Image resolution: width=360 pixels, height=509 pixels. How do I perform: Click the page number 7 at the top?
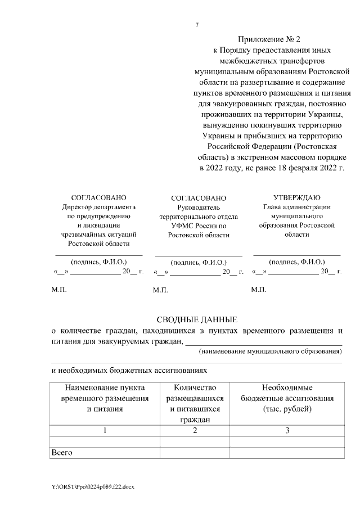tap(197, 25)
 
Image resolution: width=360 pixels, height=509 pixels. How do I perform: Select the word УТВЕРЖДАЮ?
tap(297, 197)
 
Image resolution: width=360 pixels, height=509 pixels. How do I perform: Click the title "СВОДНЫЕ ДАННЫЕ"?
tap(196, 319)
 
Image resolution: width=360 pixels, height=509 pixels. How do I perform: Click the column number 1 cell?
tap(104, 430)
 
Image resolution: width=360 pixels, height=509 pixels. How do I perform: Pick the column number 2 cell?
tap(195, 430)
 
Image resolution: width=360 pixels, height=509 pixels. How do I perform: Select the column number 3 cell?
tap(287, 430)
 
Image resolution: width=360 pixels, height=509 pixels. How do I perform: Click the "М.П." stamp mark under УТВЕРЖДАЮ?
tap(259, 290)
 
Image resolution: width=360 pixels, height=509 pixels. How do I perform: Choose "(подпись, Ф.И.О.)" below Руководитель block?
tap(199, 262)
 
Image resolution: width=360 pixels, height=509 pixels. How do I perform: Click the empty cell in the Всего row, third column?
tap(287, 452)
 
